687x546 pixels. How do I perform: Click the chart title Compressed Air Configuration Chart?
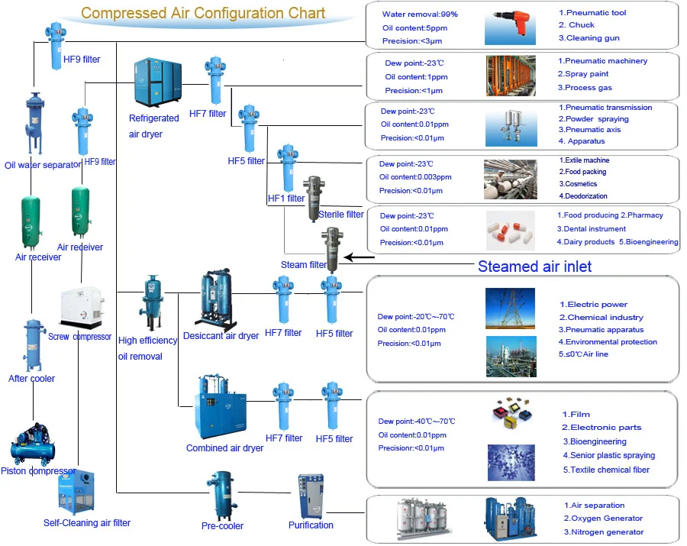203,13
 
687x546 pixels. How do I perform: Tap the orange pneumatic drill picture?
510,28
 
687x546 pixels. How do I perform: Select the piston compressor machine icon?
33,444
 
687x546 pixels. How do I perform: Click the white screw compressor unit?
82,307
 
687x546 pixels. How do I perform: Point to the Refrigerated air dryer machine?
158,82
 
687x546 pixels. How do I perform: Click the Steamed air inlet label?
534,267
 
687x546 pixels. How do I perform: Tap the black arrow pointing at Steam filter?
360,257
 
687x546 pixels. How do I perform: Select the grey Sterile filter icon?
314,199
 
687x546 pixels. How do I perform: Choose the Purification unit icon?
311,496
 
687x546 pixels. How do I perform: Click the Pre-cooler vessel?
222,495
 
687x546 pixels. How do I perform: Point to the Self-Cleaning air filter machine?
76,492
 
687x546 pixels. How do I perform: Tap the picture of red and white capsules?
511,231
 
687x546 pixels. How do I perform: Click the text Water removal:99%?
420,14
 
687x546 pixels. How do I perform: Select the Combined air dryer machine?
220,407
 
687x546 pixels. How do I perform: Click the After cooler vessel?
34,345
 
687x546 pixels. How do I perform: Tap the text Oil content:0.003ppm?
415,177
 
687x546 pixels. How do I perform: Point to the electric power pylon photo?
510,308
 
